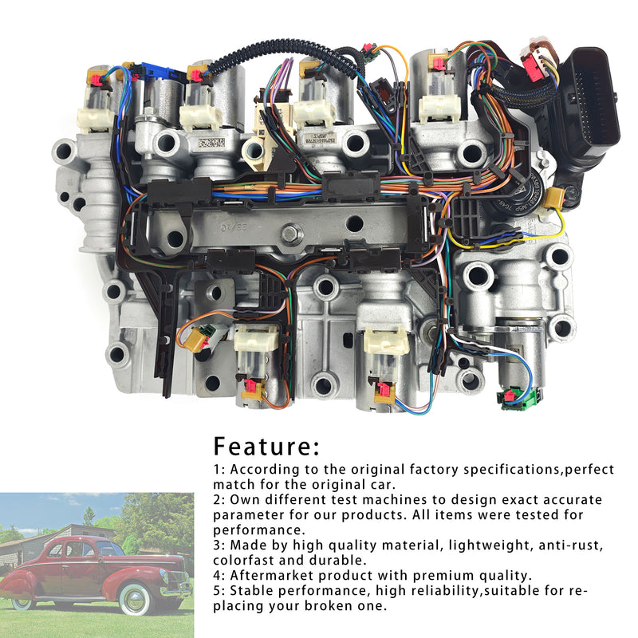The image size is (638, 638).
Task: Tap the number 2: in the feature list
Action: (x=219, y=500)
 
